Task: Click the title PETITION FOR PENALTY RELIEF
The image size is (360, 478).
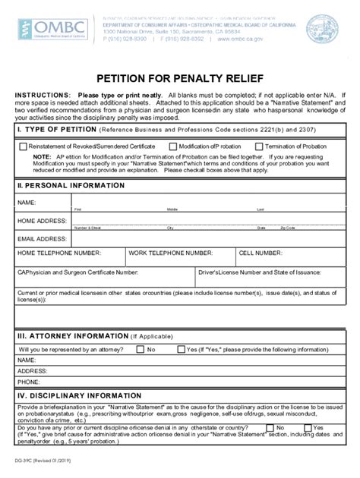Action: pos(179,78)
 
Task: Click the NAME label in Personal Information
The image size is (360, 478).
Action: pos(27,203)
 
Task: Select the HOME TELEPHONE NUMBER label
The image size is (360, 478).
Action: pos(59,253)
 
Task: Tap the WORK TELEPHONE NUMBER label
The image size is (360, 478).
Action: pos(170,253)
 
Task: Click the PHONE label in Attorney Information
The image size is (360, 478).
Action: pos(29,382)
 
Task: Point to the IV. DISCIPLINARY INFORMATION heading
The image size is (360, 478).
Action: pos(73,395)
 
